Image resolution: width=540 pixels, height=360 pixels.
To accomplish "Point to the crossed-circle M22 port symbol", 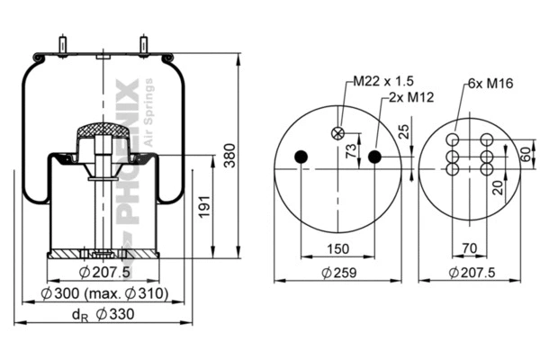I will click(x=338, y=133).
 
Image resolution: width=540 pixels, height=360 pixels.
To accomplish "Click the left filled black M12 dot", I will click(x=301, y=157).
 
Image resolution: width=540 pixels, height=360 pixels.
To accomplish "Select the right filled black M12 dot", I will click(x=374, y=157).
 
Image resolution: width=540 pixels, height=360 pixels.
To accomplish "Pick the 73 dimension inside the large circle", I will click(x=350, y=150).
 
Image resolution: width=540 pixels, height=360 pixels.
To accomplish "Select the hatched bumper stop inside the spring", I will click(x=102, y=136).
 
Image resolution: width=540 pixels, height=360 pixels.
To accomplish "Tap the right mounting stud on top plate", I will click(x=142, y=44).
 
